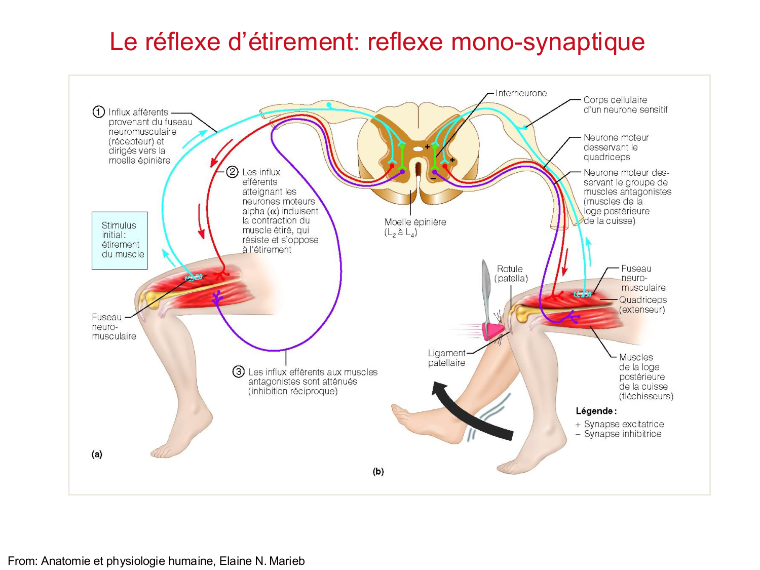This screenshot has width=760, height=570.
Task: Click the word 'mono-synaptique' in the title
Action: (x=548, y=42)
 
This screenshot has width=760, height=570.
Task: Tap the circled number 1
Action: (x=98, y=112)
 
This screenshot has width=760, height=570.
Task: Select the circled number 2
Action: (x=232, y=172)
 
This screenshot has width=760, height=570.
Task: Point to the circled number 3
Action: (x=238, y=372)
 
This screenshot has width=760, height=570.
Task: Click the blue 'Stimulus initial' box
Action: (x=120, y=240)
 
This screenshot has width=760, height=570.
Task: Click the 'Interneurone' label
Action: (x=521, y=93)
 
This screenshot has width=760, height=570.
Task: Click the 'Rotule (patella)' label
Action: (x=511, y=274)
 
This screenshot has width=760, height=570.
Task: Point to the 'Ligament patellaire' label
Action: (x=446, y=358)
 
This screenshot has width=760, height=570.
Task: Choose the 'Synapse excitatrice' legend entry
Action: (x=623, y=424)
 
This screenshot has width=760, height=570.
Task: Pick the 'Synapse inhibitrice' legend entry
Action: (x=622, y=434)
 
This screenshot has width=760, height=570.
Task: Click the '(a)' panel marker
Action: (x=97, y=454)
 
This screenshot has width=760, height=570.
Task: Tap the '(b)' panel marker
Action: (x=378, y=472)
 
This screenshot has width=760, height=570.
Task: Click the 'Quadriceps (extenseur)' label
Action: (x=642, y=305)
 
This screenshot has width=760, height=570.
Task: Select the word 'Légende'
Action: (x=596, y=411)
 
